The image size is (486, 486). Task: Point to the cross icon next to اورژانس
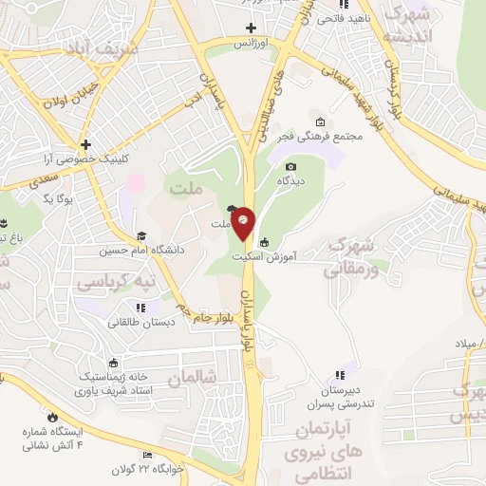(x=251, y=28)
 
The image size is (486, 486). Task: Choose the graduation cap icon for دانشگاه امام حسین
(x=141, y=236)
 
